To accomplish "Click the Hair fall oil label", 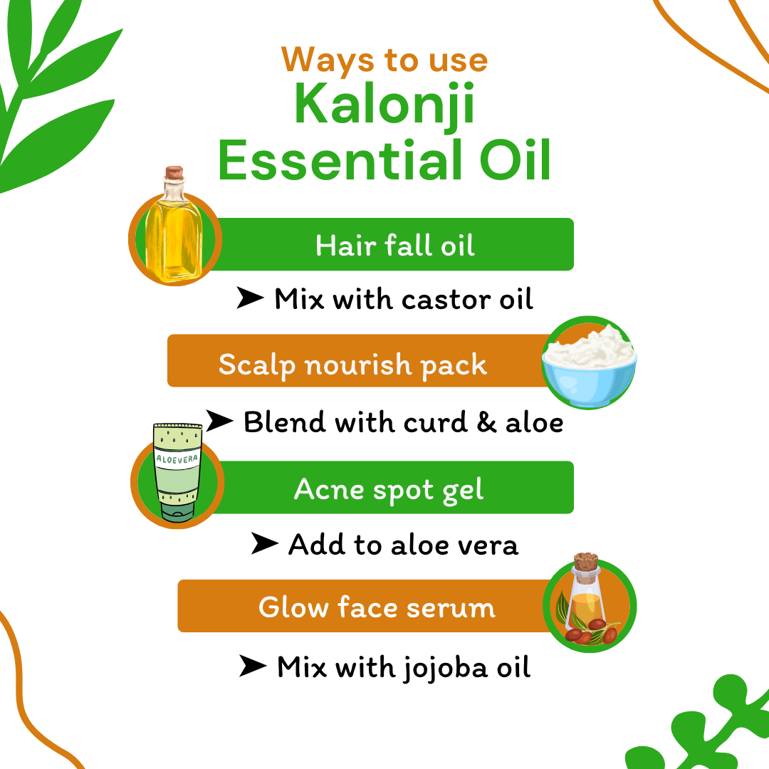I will (x=395, y=246).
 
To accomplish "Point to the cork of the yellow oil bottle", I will (x=174, y=174).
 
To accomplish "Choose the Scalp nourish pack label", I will (x=352, y=365).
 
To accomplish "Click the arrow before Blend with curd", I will (x=219, y=422).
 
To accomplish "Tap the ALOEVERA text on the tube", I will (x=177, y=461).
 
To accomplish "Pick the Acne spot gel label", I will (x=389, y=490).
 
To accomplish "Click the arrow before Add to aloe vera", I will (x=264, y=545).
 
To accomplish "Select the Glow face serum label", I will (x=377, y=607).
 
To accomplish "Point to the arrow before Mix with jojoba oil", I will (x=253, y=667).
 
